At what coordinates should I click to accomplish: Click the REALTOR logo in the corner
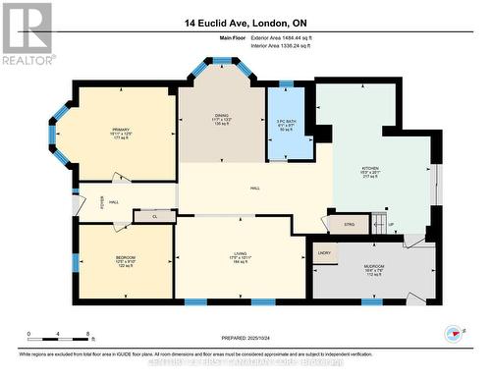(27, 33)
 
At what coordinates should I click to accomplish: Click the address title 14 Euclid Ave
(245, 23)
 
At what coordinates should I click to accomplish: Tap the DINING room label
(222, 118)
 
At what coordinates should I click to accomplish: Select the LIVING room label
(241, 257)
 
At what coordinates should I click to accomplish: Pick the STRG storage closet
(350, 225)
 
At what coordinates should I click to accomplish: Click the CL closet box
(154, 217)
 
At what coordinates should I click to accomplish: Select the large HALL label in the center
(254, 188)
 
